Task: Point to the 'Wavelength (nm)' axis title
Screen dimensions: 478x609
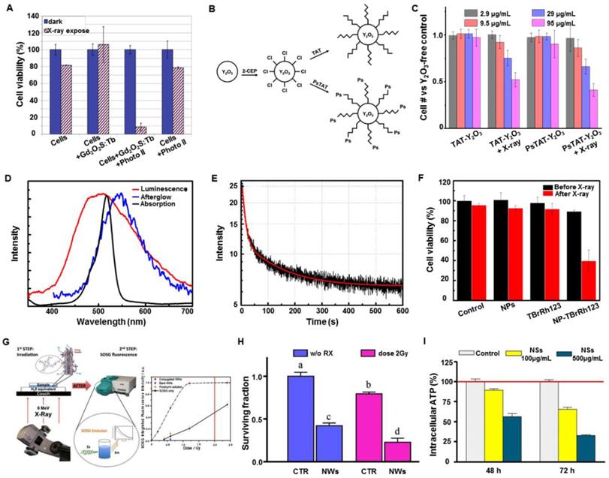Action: tap(106, 325)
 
